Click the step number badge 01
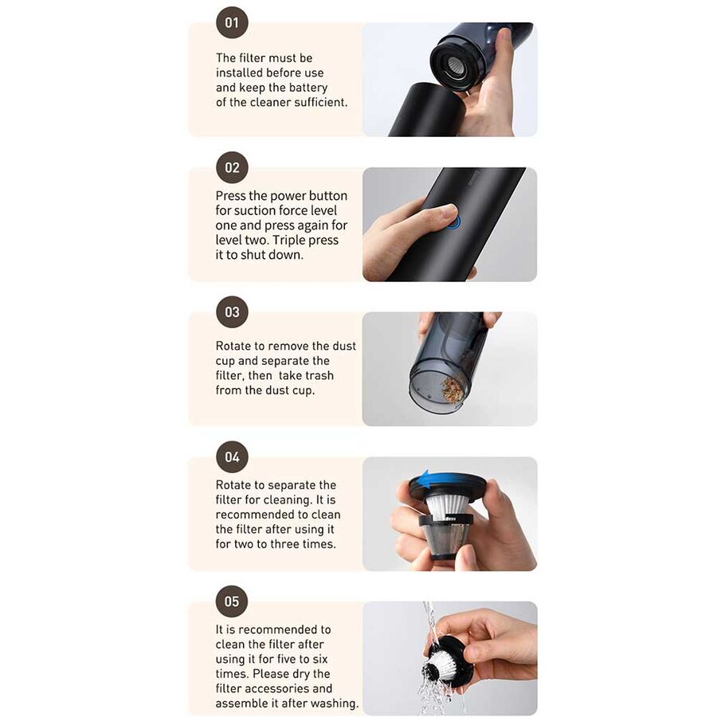pyautogui.click(x=232, y=22)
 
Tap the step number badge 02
pyautogui.click(x=232, y=167)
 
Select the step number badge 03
pyautogui.click(x=232, y=311)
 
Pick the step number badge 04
pyautogui.click(x=232, y=456)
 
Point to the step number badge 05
pyautogui.click(x=232, y=601)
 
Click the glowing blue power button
pyautogui.click(x=453, y=223)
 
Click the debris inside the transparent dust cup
pyautogui.click(x=452, y=389)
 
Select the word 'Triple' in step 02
pyautogui.click(x=301, y=240)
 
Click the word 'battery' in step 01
pyautogui.click(x=308, y=88)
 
